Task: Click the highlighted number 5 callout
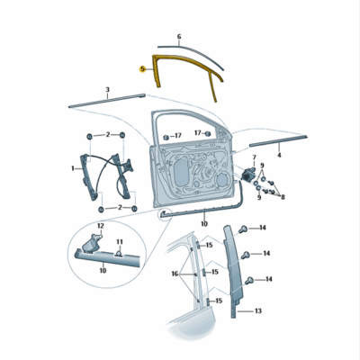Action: click(x=142, y=69)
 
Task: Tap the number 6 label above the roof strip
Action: click(x=179, y=37)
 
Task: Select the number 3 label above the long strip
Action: click(x=108, y=89)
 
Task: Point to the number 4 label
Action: click(x=279, y=155)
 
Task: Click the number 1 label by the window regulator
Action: click(x=73, y=168)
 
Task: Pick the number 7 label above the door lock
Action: click(x=254, y=157)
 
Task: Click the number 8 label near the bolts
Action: click(x=283, y=197)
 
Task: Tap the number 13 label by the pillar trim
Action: click(x=258, y=310)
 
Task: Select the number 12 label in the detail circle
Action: click(x=100, y=225)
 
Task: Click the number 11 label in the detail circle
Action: click(x=120, y=241)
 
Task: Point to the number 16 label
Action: click(x=175, y=274)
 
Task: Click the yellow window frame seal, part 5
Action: click(x=155, y=69)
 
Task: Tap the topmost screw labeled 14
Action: click(x=242, y=229)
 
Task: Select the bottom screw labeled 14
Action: click(x=249, y=281)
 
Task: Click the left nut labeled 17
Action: click(x=166, y=138)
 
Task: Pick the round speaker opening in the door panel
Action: click(x=223, y=179)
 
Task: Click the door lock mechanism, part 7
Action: click(x=247, y=174)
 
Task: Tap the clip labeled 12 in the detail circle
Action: click(x=91, y=243)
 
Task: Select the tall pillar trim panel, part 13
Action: click(x=233, y=270)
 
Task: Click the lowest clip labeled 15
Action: click(x=208, y=301)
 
